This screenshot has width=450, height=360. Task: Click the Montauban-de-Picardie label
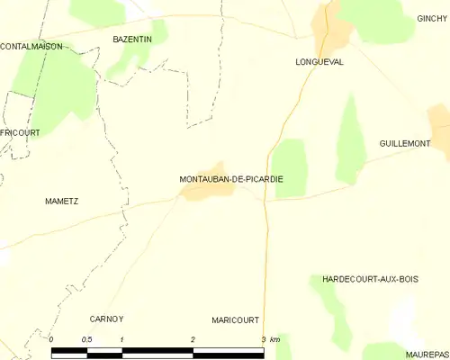(x=231, y=179)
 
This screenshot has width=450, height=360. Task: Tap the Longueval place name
(x=319, y=62)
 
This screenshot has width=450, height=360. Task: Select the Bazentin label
(x=131, y=40)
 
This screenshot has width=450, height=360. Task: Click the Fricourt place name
(x=20, y=132)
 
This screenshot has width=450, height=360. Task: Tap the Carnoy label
(x=106, y=319)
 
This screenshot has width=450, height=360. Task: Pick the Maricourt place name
(x=235, y=319)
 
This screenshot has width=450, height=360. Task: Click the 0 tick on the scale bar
(x=51, y=339)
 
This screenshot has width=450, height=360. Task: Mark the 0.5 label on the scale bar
(x=86, y=339)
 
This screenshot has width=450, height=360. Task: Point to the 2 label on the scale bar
(x=193, y=339)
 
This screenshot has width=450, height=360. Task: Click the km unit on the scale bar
(x=275, y=339)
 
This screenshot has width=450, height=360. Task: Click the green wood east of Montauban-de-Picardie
(x=290, y=166)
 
